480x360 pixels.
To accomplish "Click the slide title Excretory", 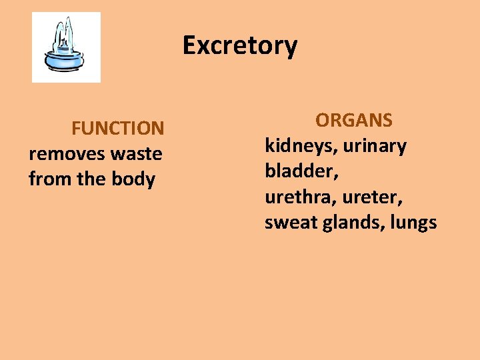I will [240, 46].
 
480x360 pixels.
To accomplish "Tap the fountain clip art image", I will [66, 47].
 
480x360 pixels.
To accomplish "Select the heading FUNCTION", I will [117, 127].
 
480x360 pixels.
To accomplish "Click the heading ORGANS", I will [354, 120].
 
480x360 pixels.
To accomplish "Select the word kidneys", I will [301, 147].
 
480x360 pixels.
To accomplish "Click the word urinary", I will [375, 147].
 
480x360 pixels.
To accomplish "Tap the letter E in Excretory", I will [190, 46].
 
